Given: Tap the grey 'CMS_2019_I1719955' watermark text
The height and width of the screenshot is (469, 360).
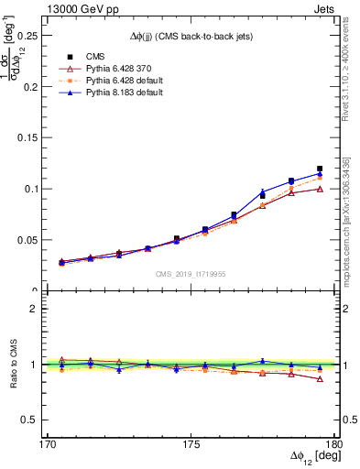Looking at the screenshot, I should [191, 273].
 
